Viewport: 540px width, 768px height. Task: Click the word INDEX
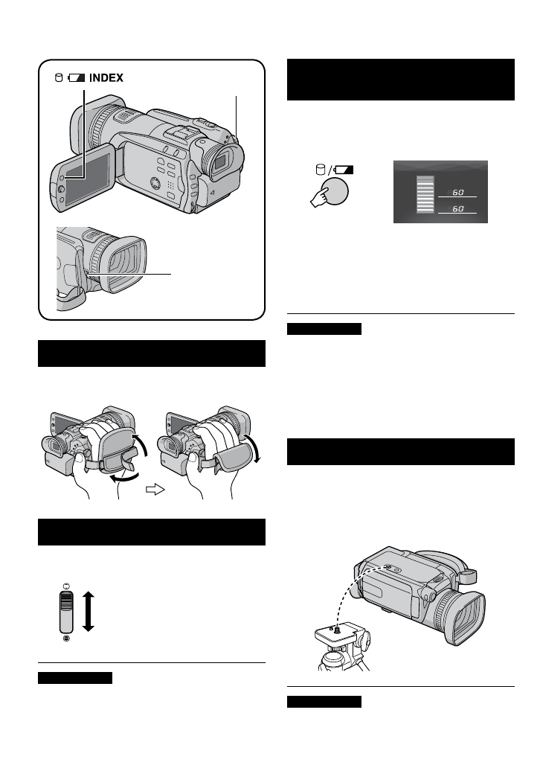tap(106, 77)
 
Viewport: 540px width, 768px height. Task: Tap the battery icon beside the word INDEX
tap(77, 77)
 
